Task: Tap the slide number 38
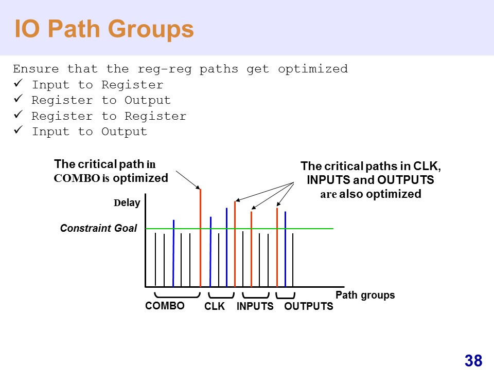pyautogui.click(x=473, y=361)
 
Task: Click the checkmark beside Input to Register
pyautogui.click(x=18, y=84)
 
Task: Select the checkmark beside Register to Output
pyautogui.click(x=18, y=99)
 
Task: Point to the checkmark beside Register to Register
pyautogui.click(x=18, y=115)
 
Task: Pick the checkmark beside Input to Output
pyautogui.click(x=18, y=131)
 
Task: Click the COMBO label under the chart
pyautogui.click(x=165, y=306)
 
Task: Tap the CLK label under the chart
pyautogui.click(x=215, y=307)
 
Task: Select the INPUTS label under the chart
pyautogui.click(x=255, y=307)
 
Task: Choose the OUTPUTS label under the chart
pyautogui.click(x=309, y=307)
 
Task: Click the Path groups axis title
pyautogui.click(x=365, y=295)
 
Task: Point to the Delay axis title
pyautogui.click(x=127, y=203)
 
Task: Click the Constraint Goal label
pyautogui.click(x=99, y=228)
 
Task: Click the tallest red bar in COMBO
pyautogui.click(x=200, y=236)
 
